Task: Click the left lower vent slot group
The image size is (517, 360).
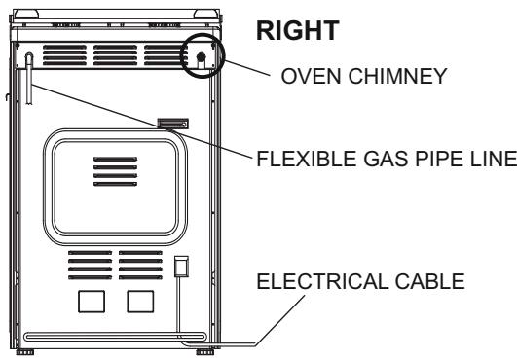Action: (x=91, y=264)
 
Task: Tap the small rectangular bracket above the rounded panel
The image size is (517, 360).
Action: (x=173, y=124)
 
